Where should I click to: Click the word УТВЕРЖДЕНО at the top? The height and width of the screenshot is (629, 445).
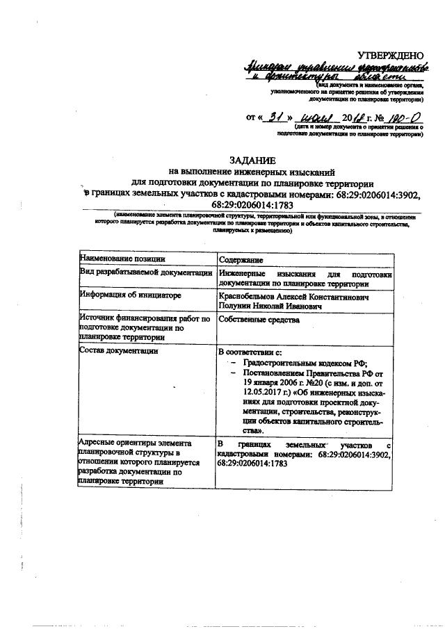(x=389, y=55)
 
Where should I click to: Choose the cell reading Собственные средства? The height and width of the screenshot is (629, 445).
(x=259, y=320)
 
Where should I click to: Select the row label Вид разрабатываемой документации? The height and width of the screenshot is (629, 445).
(x=145, y=274)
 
